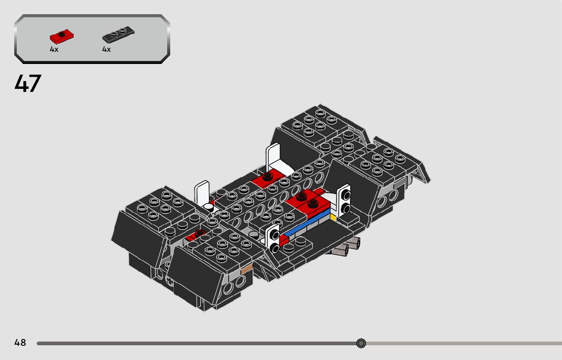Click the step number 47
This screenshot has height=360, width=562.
[27, 84]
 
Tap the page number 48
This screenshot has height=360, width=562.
[20, 343]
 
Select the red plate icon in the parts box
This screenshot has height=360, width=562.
[62, 37]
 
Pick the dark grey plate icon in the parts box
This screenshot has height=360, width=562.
[118, 36]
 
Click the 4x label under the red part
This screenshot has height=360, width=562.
[54, 49]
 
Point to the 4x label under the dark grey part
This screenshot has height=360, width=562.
[106, 49]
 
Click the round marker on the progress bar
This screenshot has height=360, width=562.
[361, 343]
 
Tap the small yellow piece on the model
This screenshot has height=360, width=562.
[333, 218]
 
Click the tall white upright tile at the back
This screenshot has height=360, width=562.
[274, 157]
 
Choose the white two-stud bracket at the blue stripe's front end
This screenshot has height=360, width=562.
[273, 238]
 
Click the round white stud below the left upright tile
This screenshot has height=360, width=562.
[209, 207]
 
